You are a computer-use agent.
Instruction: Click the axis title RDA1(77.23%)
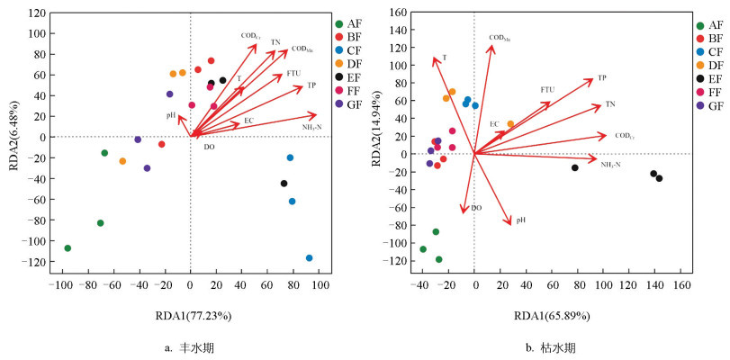[191, 316]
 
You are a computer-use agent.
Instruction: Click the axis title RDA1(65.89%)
[552, 316]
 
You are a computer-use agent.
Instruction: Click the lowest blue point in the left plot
[309, 258]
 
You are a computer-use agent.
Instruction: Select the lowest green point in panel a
[68, 248]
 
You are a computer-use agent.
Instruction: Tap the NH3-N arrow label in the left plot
[311, 127]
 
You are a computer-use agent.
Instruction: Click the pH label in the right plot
[521, 220]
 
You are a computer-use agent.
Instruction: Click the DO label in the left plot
[209, 146]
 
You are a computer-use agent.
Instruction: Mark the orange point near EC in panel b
[510, 124]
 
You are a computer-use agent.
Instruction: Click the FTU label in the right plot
[547, 89]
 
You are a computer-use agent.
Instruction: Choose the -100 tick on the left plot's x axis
[60, 285]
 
